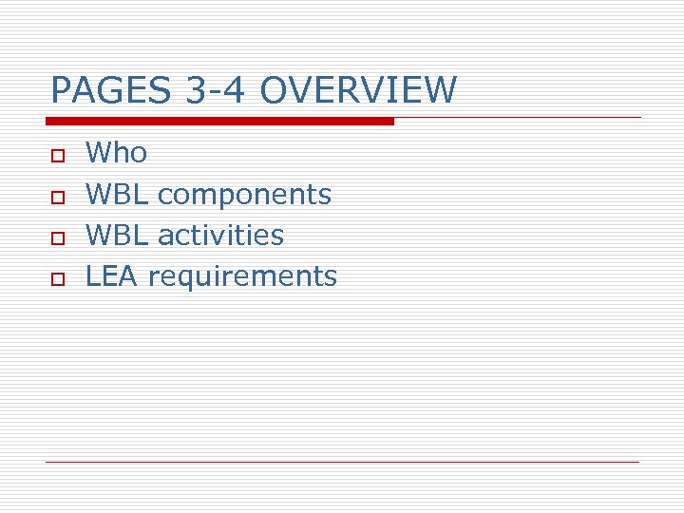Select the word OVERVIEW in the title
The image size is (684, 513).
point(357,91)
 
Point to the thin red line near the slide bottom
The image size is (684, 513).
point(342,462)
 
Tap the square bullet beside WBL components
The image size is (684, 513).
point(57,196)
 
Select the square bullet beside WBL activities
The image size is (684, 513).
point(57,237)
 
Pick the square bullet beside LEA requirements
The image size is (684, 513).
point(57,277)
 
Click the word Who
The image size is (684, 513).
point(116,152)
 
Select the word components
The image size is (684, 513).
point(244,196)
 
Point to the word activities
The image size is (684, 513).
point(220,235)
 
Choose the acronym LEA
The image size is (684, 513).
point(112,275)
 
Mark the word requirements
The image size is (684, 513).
point(242,277)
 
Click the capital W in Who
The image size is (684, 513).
point(99,152)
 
